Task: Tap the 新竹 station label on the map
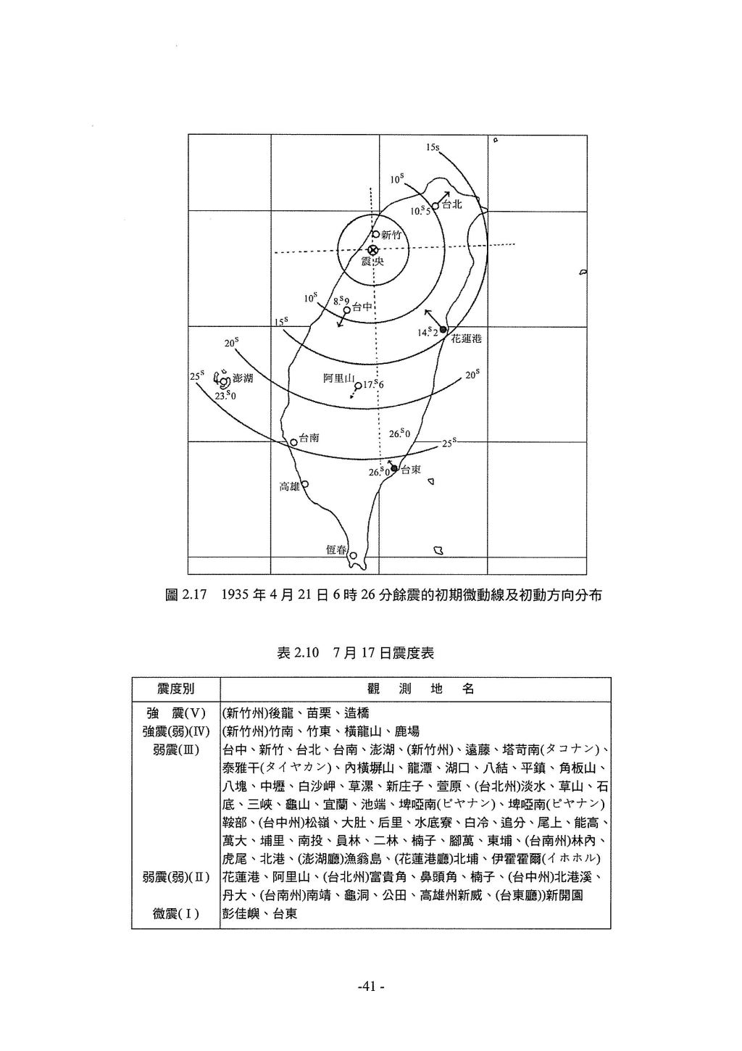(x=391, y=234)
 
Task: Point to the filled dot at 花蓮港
(x=443, y=330)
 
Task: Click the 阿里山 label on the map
(x=338, y=378)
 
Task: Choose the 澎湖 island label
(x=243, y=378)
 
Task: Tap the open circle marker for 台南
(x=293, y=441)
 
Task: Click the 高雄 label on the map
(x=289, y=486)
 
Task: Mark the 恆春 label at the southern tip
(x=336, y=550)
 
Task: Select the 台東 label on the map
(x=411, y=470)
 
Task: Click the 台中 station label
(x=362, y=307)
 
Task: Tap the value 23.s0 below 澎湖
(x=225, y=395)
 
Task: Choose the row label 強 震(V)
(x=176, y=713)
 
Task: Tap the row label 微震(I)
(x=176, y=914)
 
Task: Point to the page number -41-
(x=370, y=986)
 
